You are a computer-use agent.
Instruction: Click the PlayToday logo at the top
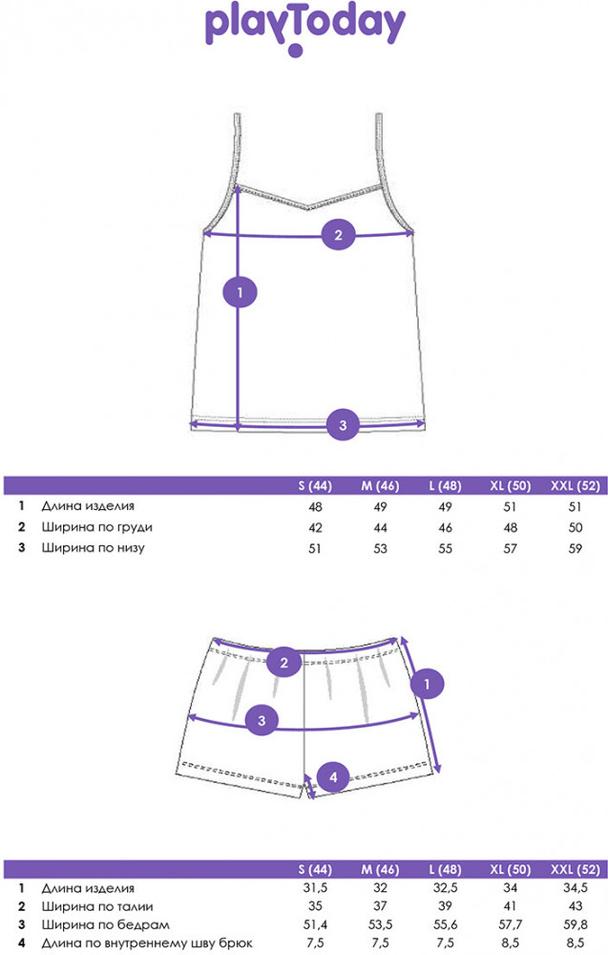pos(305,31)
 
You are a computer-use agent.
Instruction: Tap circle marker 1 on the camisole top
pos(240,292)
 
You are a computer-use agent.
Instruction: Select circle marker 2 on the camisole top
pos(339,235)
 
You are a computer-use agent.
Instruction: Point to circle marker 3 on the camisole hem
pos(343,425)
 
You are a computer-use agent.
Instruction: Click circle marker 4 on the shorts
pos(333,776)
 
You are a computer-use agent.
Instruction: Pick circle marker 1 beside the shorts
pos(427,684)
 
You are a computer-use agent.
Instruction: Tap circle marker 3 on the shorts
pos(262,720)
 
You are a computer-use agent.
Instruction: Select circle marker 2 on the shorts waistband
pos(283,663)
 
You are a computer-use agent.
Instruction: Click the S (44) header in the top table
pos(315,486)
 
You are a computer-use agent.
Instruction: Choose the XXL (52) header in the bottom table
pos(576,869)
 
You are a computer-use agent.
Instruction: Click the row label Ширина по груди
pos(96,527)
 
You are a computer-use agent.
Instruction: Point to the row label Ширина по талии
pos(97,906)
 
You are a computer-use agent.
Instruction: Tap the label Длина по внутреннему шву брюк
pos(147,944)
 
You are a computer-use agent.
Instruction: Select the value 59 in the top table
pos(576,548)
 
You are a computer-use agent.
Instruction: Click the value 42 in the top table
pos(315,527)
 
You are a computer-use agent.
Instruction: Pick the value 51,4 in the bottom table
pos(315,924)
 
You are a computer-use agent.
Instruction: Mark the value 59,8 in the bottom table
pos(576,924)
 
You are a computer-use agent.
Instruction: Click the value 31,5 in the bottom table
pos(315,887)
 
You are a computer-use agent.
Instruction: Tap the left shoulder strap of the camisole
pos(237,149)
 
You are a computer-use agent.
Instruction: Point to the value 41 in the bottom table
pos(510,906)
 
